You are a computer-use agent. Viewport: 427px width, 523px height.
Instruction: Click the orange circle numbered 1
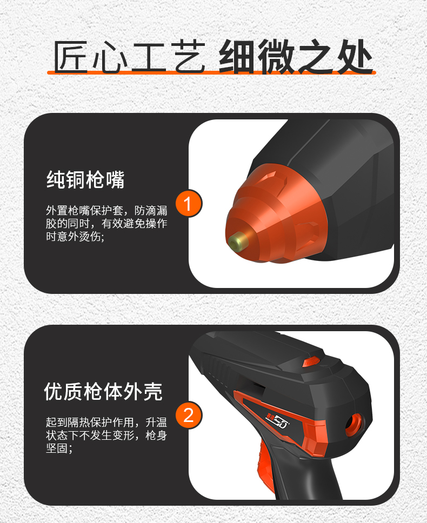[x=189, y=204]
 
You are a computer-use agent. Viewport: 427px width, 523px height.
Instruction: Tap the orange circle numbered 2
[x=189, y=415]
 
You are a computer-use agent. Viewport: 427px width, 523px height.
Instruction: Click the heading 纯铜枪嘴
[x=85, y=179]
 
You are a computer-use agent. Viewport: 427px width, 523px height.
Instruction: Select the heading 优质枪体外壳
[x=103, y=391]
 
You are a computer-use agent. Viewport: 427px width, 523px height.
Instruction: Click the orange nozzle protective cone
[x=273, y=213]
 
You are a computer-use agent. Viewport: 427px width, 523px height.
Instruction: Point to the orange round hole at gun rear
[x=353, y=425]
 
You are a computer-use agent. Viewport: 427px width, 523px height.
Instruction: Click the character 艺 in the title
[x=190, y=57]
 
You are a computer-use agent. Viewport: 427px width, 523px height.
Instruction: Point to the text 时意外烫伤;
[x=75, y=237]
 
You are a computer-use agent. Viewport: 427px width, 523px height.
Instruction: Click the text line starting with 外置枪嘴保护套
[x=106, y=211]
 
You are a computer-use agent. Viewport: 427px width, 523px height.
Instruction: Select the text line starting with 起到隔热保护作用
[x=106, y=423]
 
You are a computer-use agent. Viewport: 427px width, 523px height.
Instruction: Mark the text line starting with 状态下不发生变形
[x=106, y=435]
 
